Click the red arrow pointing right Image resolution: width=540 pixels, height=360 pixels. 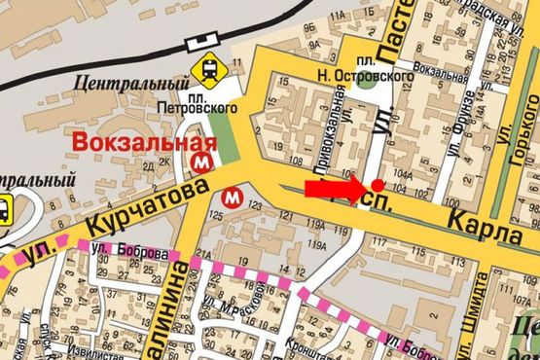pos(336,188)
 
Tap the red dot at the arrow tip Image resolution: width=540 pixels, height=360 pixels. pos(376,184)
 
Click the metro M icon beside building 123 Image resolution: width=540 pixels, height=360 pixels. pos(232,196)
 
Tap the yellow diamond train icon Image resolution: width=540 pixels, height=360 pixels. pos(207,68)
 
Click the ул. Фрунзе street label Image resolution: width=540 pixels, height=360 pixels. pos(467,116)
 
